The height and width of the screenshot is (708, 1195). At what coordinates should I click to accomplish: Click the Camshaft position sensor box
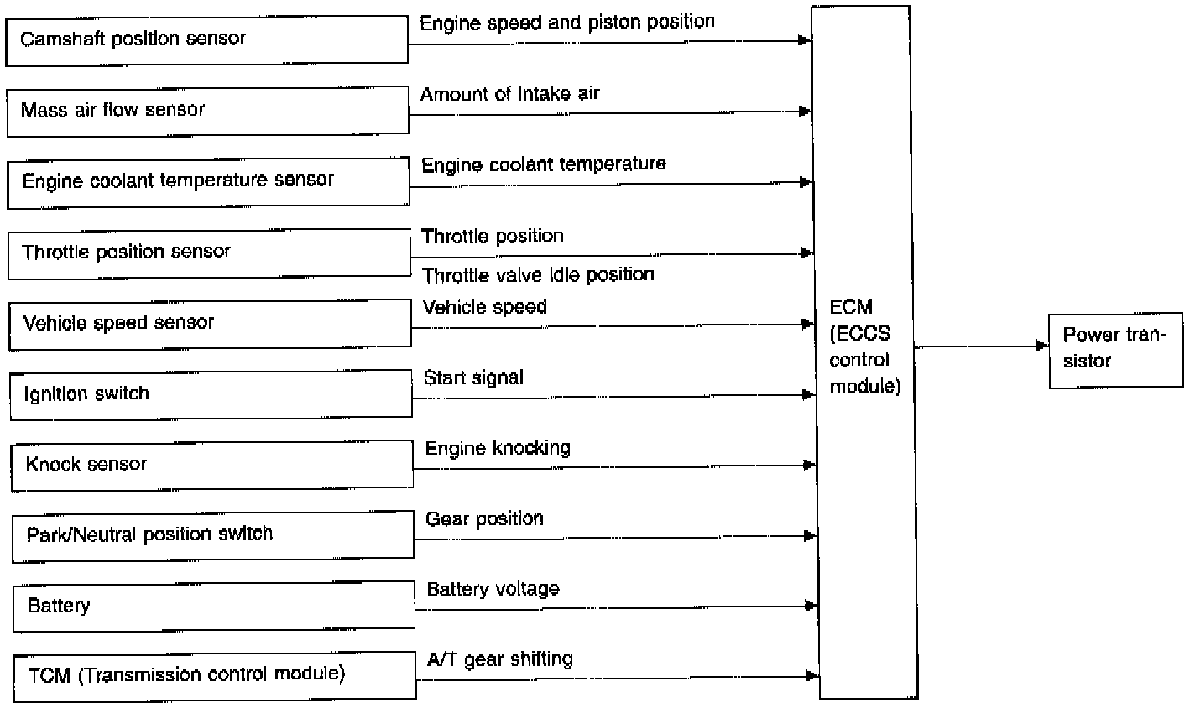(206, 40)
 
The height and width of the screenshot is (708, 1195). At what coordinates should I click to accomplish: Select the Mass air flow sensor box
(207, 111)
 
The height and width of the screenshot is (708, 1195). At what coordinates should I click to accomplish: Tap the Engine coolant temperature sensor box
(208, 182)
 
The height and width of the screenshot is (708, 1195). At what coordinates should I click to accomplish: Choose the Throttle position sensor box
(209, 253)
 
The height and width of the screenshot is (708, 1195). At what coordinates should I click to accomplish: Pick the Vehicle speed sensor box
(210, 324)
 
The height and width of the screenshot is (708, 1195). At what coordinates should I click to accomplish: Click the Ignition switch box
(211, 394)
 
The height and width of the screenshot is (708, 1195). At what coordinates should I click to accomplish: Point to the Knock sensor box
(211, 465)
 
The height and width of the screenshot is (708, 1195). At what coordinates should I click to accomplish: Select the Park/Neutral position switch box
(213, 535)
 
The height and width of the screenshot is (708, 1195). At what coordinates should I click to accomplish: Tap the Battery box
(214, 606)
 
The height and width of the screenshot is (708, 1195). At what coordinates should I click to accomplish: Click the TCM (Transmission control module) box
(215, 676)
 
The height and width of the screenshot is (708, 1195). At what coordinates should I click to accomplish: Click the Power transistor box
(1115, 349)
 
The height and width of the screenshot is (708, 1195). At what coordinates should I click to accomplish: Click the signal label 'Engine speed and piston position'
(567, 22)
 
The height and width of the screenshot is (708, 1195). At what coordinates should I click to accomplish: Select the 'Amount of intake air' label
(510, 93)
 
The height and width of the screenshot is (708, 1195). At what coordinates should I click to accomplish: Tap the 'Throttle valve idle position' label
(538, 275)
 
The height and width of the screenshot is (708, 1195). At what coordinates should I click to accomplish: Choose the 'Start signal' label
(473, 377)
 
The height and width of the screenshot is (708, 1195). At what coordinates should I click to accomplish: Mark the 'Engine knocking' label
(498, 448)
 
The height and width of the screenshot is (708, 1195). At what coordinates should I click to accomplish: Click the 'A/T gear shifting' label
(499, 659)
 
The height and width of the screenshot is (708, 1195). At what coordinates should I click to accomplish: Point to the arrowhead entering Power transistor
(1043, 346)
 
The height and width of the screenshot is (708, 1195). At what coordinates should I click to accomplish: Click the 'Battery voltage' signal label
(493, 589)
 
